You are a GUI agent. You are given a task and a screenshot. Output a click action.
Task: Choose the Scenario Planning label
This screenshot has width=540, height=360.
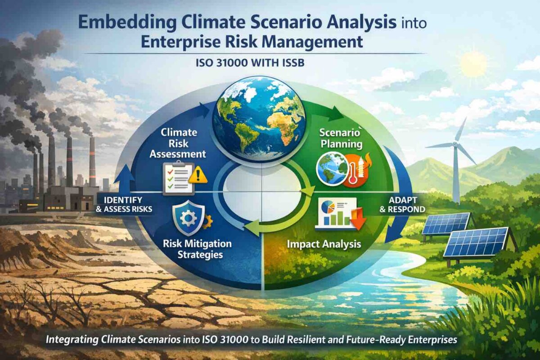point(341,138)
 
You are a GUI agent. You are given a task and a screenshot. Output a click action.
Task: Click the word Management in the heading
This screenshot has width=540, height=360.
point(311,43)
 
